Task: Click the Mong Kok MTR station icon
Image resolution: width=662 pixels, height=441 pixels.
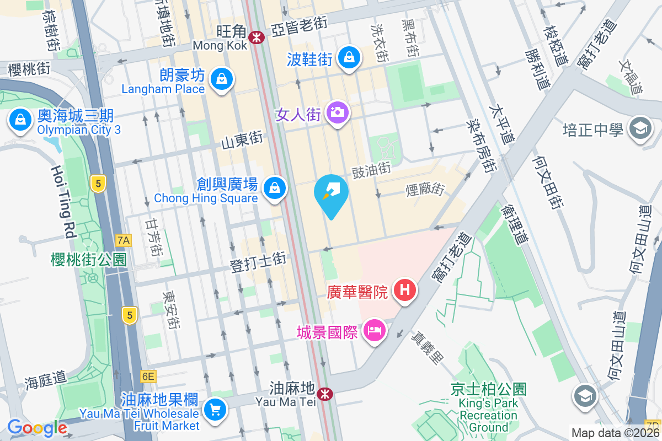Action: click(256, 37)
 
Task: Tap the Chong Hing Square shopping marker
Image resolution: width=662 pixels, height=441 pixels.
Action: click(274, 189)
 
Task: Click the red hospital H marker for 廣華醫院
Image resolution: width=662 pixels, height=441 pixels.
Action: click(404, 288)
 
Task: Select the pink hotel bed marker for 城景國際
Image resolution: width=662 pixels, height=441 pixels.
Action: click(375, 331)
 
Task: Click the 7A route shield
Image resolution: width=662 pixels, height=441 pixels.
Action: click(124, 240)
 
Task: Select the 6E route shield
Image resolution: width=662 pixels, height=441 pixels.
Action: click(148, 377)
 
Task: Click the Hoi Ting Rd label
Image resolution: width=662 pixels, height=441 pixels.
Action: click(63, 201)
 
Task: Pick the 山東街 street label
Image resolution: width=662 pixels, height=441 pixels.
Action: click(242, 141)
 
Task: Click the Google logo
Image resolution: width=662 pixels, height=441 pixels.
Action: click(37, 428)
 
